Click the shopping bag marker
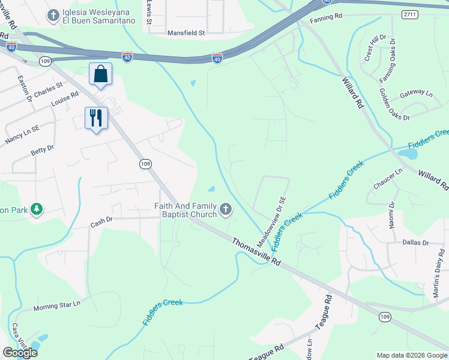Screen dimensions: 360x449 pos(101,74)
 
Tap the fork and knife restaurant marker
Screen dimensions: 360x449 pos(95,118)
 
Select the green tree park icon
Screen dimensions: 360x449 pos(37,209)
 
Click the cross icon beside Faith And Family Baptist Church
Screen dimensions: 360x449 pos(226,209)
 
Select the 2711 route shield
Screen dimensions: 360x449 pos(411,13)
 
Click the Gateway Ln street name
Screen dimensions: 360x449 pos(416,94)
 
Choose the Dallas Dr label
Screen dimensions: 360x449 pos(416,243)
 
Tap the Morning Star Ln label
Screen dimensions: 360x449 pos(56,306)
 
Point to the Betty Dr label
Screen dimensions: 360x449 pos(43,148)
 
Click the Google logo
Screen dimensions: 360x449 pos(20,353)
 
